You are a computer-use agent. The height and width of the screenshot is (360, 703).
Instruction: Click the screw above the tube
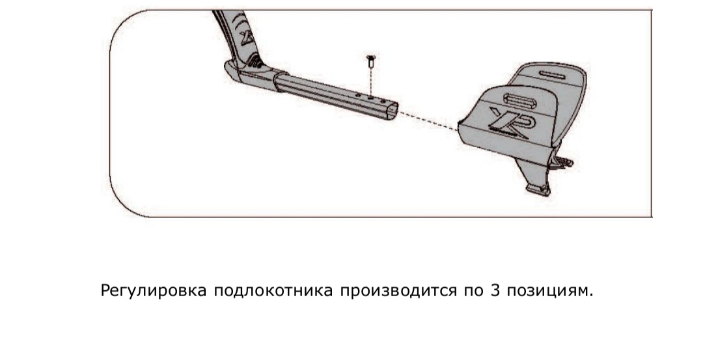pyautogui.click(x=371, y=61)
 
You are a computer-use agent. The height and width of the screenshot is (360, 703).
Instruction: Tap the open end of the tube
pyautogui.click(x=392, y=111)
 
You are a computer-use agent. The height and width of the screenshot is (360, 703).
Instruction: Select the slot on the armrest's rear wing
pyautogui.click(x=553, y=74)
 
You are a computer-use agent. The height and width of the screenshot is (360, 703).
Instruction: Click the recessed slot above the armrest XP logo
pyautogui.click(x=520, y=100)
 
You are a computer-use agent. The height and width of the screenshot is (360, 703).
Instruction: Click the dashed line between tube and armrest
pyautogui.click(x=428, y=121)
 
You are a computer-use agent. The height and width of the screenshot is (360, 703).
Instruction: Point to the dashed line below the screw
pyautogui.click(x=371, y=81)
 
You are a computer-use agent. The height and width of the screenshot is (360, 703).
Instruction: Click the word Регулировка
pyautogui.click(x=154, y=290)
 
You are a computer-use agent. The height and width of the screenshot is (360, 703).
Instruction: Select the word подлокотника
pyautogui.click(x=273, y=290)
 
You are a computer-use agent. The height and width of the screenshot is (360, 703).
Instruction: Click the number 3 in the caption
pyautogui.click(x=495, y=290)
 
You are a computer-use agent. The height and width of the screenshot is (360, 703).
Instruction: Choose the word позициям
pyautogui.click(x=549, y=290)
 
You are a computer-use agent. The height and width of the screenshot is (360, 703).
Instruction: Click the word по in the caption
pyautogui.click(x=473, y=291)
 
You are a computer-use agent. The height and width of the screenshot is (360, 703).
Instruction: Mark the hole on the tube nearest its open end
pyautogui.click(x=383, y=101)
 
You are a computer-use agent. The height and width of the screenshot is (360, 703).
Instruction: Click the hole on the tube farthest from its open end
pyautogui.click(x=358, y=94)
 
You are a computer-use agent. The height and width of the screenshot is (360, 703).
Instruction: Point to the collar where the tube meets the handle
pyautogui.click(x=280, y=81)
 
